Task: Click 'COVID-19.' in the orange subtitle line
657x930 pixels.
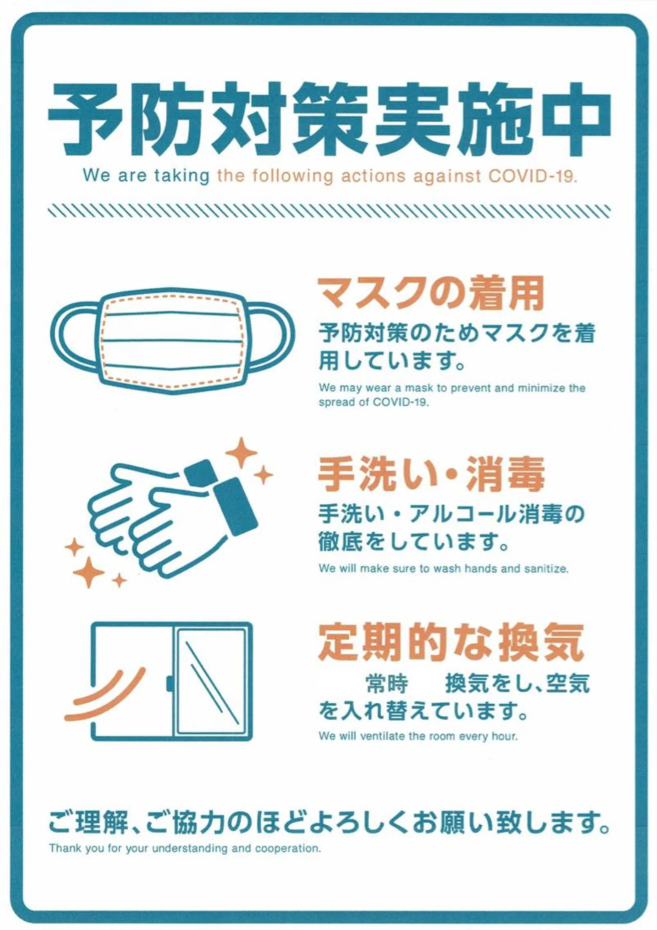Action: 532,176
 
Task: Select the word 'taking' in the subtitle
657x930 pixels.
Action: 181,176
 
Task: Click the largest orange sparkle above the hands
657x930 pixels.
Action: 241,452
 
